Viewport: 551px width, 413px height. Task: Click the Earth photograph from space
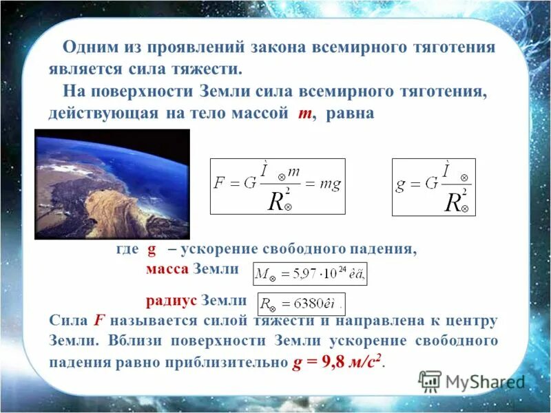(112, 184)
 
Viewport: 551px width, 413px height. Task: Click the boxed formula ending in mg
(278, 186)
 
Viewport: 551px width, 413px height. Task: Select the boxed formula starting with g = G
(433, 187)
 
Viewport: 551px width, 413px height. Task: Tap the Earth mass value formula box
(310, 274)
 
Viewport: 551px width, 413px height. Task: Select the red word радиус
(171, 301)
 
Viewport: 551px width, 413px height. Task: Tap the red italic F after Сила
(99, 320)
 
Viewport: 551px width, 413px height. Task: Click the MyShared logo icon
(430, 381)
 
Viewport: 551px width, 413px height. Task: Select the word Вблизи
(135, 341)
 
